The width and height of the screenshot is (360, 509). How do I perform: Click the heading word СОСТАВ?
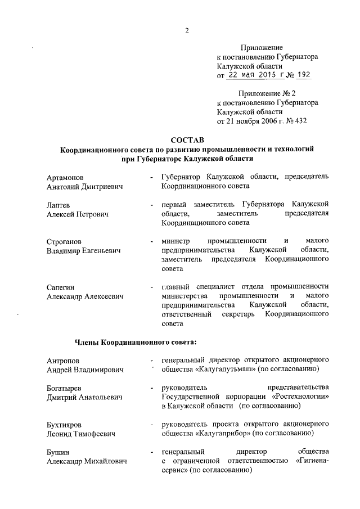coord(186,139)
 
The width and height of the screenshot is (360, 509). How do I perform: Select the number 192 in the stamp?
coord(302,75)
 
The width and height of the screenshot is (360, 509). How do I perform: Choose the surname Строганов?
coord(65,241)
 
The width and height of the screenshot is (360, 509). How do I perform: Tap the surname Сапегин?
coord(60,287)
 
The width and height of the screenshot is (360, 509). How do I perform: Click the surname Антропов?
coord(63,360)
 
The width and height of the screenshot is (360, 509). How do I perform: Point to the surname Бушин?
coord(58,453)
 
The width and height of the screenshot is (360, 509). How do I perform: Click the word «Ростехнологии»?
coord(299,397)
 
